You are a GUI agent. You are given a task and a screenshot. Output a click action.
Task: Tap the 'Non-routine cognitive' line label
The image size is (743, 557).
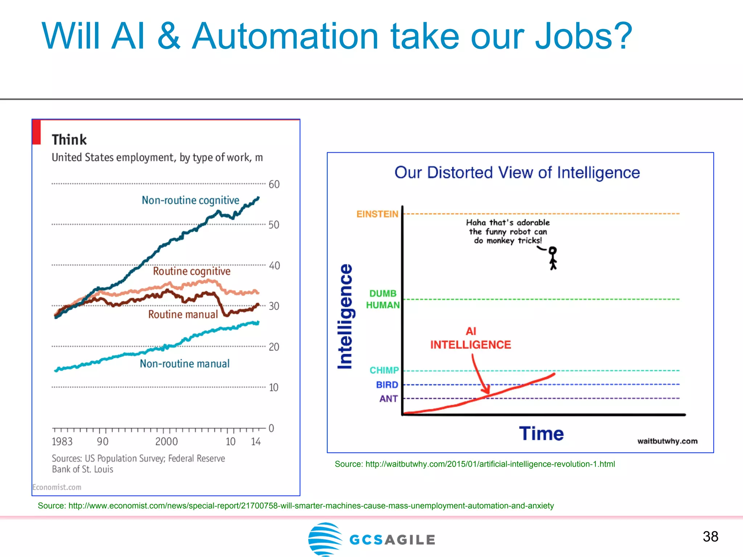click(x=190, y=200)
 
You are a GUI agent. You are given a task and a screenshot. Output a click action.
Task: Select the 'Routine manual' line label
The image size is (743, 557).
click(x=183, y=314)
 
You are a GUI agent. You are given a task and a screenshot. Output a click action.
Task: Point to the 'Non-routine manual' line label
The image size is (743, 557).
click(x=185, y=364)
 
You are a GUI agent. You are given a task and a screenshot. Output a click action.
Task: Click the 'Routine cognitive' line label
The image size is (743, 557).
click(x=192, y=271)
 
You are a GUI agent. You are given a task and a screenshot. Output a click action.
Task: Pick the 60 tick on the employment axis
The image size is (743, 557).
click(x=274, y=184)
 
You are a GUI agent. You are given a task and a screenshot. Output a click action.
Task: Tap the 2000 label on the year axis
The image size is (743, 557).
click(x=167, y=441)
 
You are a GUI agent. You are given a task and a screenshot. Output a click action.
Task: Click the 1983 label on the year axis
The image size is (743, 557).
click(x=62, y=441)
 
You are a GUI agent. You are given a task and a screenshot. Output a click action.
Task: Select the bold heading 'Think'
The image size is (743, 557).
click(x=69, y=140)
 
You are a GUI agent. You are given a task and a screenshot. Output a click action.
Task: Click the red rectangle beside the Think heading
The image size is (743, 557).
click(x=36, y=132)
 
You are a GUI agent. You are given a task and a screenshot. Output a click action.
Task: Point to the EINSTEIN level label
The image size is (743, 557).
click(x=377, y=214)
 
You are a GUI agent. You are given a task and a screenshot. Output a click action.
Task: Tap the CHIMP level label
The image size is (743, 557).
click(x=384, y=370)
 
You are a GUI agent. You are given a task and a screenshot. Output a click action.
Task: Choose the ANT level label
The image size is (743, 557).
click(x=388, y=399)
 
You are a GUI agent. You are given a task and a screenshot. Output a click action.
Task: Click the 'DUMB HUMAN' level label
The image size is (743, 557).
click(x=383, y=299)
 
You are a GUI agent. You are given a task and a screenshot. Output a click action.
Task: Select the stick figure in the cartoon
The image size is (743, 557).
click(x=553, y=258)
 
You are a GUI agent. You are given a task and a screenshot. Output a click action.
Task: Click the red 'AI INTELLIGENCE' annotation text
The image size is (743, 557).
click(x=471, y=339)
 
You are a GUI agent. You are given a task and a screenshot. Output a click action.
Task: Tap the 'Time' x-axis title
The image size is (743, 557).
click(x=541, y=433)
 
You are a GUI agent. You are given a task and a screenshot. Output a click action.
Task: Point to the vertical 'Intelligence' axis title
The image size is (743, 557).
click(x=345, y=316)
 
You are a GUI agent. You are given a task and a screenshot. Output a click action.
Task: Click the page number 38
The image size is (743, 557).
click(x=710, y=536)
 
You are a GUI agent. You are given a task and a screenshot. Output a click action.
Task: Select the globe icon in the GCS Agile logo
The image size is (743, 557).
click(x=325, y=539)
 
